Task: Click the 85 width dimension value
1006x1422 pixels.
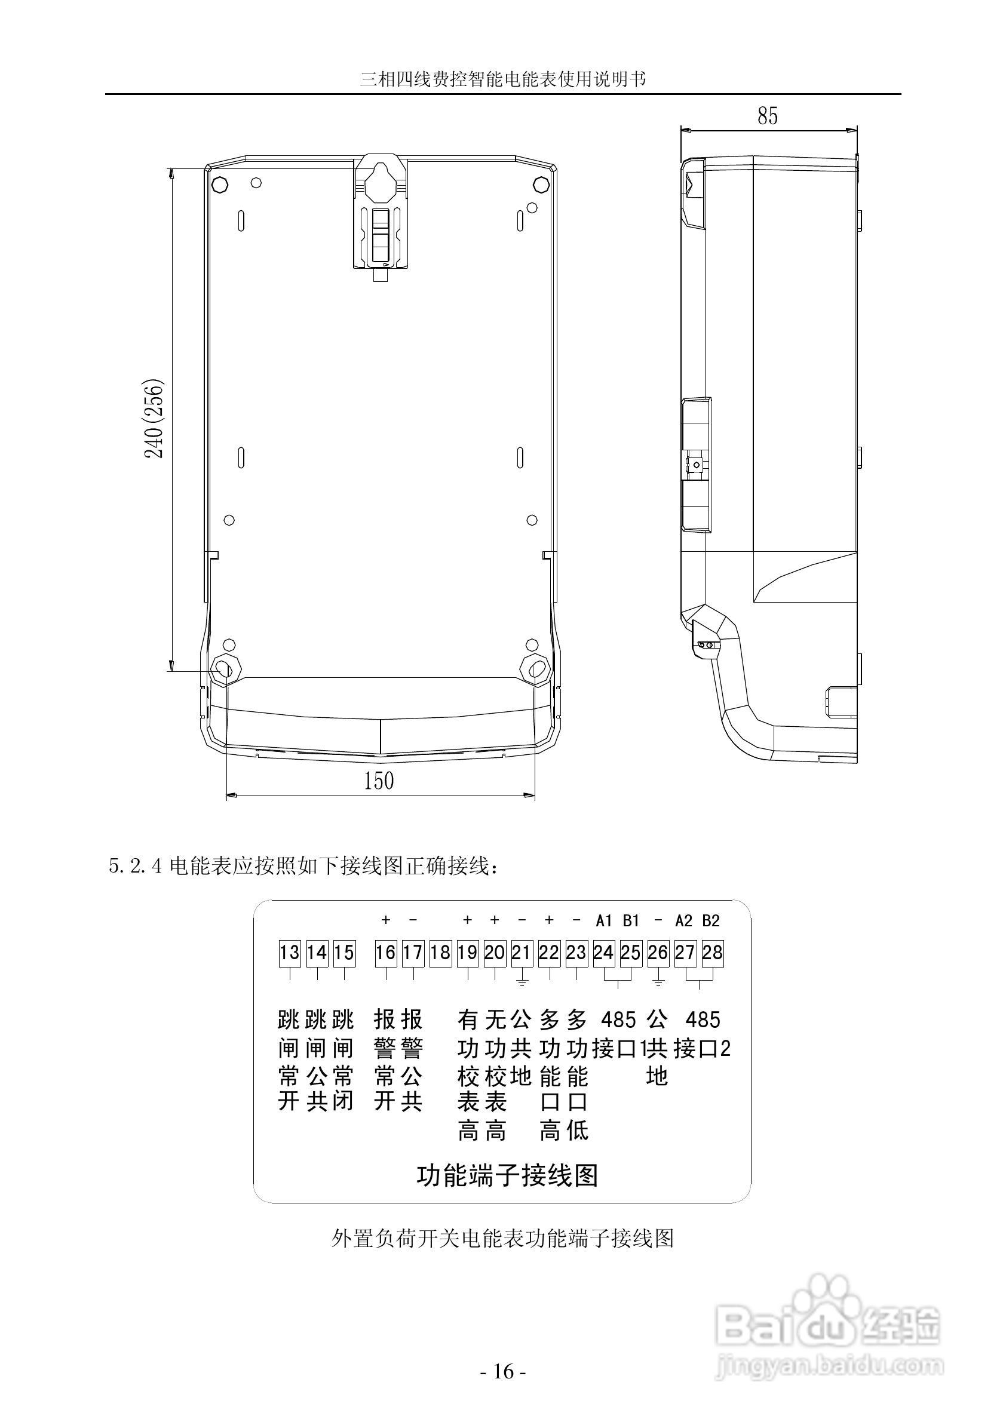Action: (767, 116)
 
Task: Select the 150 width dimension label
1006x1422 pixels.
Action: (379, 781)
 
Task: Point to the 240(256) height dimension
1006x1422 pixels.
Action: (154, 419)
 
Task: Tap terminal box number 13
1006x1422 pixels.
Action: (289, 953)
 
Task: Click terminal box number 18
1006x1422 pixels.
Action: (440, 953)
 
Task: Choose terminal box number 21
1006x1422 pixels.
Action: (522, 953)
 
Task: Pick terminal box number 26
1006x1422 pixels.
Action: (658, 953)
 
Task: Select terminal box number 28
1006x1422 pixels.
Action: (712, 953)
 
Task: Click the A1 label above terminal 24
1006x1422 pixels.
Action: (604, 921)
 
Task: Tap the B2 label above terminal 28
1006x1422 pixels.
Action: (711, 921)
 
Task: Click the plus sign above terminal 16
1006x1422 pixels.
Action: (386, 920)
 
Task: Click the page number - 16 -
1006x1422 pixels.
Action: (504, 1389)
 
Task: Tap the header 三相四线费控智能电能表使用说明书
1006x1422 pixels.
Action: (503, 79)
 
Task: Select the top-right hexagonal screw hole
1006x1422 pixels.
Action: (540, 185)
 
